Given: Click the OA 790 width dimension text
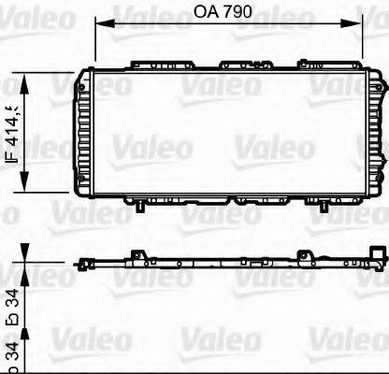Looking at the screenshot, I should pos(227,13).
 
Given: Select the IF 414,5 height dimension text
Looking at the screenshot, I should pos(13,133).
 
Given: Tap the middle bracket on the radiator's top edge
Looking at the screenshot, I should pos(239,65).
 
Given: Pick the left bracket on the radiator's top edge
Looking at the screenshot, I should pos(148,65).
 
